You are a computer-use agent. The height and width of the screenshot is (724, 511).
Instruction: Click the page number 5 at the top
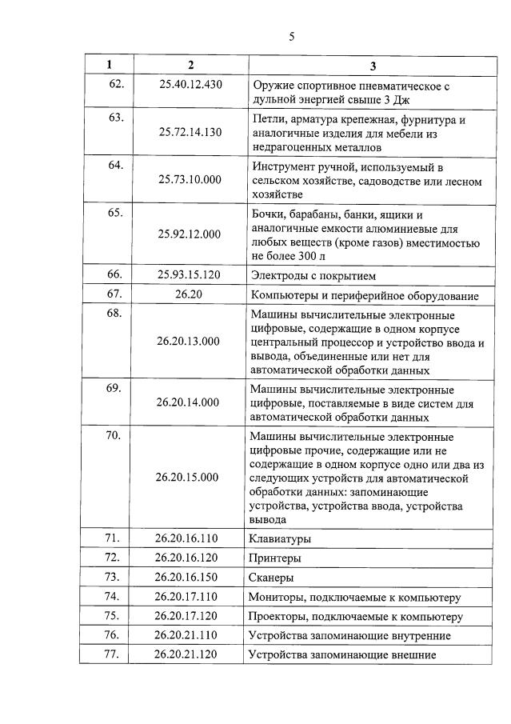(x=292, y=36)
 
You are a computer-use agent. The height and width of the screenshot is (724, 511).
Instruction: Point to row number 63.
(x=114, y=118)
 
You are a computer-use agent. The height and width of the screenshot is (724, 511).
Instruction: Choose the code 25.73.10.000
(x=189, y=180)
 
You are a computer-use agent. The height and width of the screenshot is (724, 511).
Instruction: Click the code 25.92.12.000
(x=189, y=234)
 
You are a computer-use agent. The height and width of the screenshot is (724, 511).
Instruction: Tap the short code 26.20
(x=189, y=295)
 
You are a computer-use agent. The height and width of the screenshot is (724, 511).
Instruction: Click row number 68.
(x=114, y=314)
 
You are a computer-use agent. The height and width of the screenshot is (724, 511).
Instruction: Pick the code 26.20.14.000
(x=189, y=402)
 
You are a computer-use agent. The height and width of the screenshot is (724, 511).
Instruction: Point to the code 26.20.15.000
(x=189, y=478)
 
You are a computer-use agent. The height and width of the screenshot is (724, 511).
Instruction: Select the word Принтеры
(x=276, y=558)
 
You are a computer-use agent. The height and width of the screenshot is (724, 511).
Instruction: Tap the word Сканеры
(x=273, y=578)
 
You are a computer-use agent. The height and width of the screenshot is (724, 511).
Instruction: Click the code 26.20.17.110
(x=189, y=596)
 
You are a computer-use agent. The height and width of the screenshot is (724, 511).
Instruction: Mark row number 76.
(x=114, y=635)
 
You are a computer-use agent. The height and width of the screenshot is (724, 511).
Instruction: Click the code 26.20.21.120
(x=189, y=655)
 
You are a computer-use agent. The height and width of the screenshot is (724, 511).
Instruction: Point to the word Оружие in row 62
(x=272, y=85)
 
